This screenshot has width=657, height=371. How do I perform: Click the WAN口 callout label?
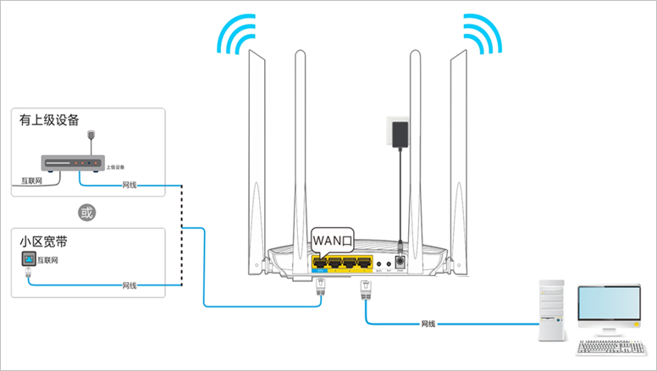pos(330,241)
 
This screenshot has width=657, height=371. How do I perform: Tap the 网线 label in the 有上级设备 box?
pos(130,184)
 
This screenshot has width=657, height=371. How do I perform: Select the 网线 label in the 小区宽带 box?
pos(130,285)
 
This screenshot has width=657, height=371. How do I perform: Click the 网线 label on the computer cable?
pos(429,324)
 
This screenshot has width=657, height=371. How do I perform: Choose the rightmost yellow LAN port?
pos(364,263)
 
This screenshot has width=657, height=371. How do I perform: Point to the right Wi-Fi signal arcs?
pos(482,33)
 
